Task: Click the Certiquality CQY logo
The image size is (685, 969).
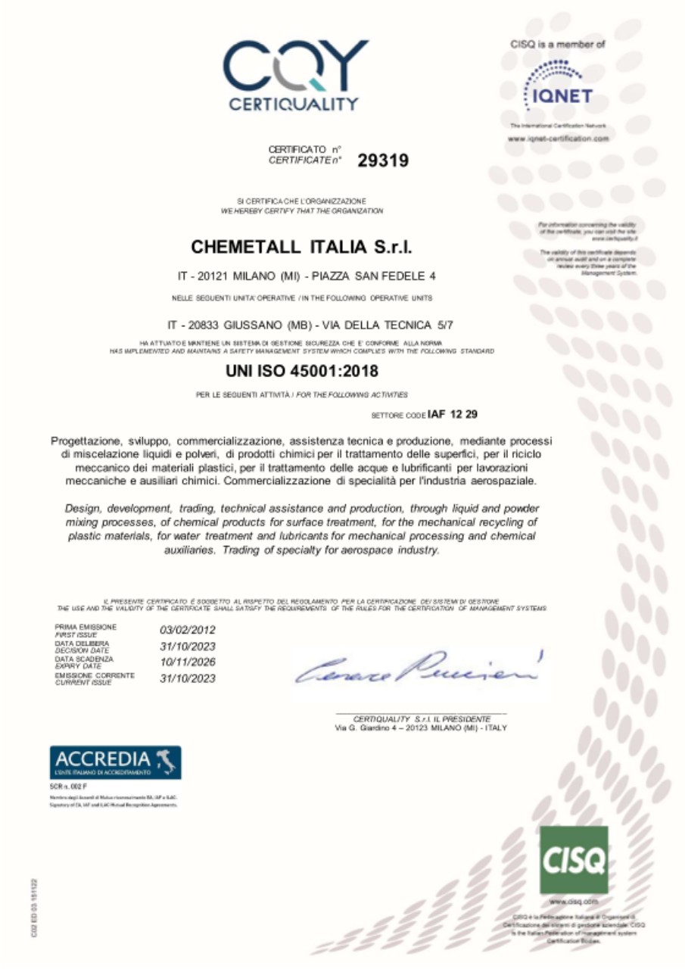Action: (294, 74)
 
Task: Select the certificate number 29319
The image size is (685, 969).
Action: (383, 160)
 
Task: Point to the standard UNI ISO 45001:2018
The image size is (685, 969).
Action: (301, 372)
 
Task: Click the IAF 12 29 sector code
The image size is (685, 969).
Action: (452, 414)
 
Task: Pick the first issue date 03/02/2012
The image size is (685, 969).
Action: (188, 629)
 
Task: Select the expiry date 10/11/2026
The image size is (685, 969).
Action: (188, 662)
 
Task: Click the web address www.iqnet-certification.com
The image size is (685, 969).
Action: (559, 139)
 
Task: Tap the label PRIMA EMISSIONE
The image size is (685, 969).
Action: (86, 627)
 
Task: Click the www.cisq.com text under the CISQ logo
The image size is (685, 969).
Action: (573, 902)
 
